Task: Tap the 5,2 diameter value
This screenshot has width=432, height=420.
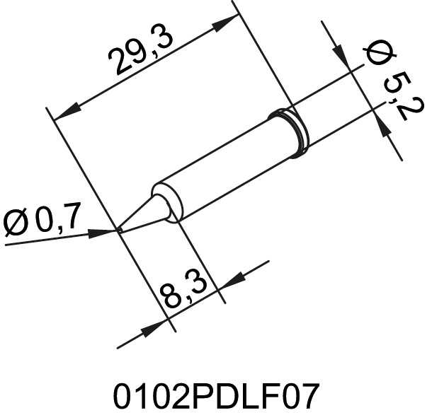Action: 402,98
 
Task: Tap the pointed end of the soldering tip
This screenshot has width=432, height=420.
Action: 118,230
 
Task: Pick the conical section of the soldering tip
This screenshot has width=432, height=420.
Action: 144,213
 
